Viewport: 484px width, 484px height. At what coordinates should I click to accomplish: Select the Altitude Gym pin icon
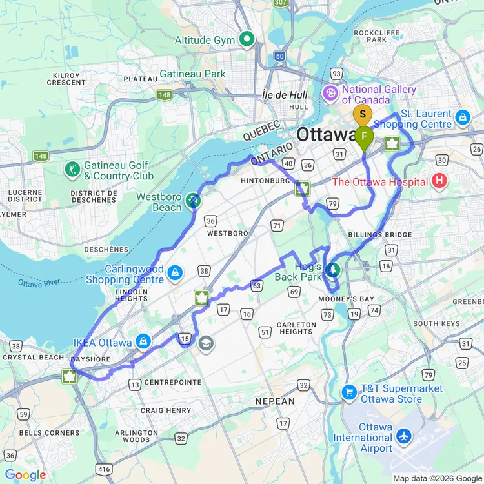pyautogui.click(x=247, y=40)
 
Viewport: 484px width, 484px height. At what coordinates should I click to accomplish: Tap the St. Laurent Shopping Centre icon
pyautogui.click(x=461, y=117)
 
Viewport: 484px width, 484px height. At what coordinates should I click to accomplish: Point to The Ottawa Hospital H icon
pyautogui.click(x=439, y=181)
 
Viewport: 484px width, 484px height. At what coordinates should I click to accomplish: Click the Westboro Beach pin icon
pyautogui.click(x=192, y=201)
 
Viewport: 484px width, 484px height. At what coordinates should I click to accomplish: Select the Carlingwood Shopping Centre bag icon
pyautogui.click(x=174, y=274)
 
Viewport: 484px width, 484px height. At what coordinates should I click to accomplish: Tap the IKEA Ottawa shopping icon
pyautogui.click(x=143, y=341)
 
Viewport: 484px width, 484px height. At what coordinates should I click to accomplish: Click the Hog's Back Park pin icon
pyautogui.click(x=333, y=270)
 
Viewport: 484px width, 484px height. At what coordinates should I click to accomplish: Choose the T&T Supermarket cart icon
pyautogui.click(x=349, y=392)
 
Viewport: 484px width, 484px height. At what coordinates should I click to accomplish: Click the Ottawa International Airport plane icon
pyautogui.click(x=405, y=436)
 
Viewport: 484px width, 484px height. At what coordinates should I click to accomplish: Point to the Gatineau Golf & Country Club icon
pyautogui.click(x=72, y=170)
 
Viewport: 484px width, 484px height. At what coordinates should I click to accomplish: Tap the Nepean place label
pyautogui.click(x=275, y=401)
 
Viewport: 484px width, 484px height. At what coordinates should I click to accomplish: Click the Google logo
pyautogui.click(x=26, y=475)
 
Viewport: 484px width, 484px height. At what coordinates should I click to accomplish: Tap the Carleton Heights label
pyautogui.click(x=296, y=328)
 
